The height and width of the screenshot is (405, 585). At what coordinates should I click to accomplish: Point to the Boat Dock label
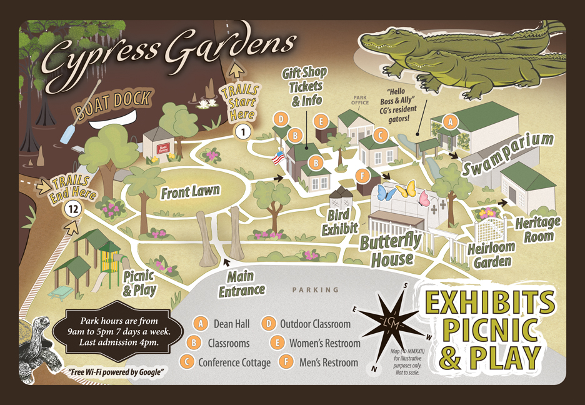pyautogui.click(x=114, y=105)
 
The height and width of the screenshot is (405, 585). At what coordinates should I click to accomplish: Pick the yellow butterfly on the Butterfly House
pyautogui.click(x=407, y=188)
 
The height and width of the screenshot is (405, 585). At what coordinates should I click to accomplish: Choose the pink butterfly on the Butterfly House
pyautogui.click(x=425, y=199)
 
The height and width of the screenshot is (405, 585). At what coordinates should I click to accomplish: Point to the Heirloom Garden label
pyautogui.click(x=491, y=254)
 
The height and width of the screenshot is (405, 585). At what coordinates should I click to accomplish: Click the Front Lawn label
pyautogui.click(x=191, y=192)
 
